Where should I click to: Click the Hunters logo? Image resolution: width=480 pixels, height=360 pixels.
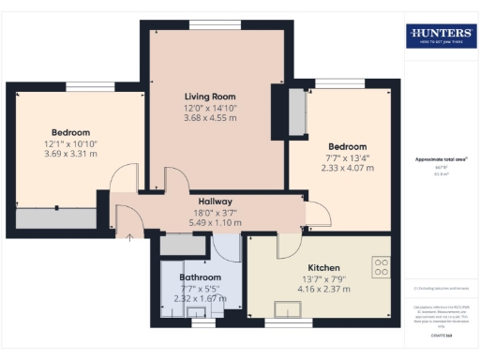pos(441,37)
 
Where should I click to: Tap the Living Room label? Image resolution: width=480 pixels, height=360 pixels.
pos(209,97)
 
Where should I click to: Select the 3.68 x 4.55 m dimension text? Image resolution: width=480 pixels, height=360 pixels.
pos(209,117)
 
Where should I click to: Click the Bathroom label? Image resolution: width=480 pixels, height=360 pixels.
pos(201,278)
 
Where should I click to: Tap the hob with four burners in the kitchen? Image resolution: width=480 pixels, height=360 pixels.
pos(381,267)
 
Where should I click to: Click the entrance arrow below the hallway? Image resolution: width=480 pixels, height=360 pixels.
pos(129,236)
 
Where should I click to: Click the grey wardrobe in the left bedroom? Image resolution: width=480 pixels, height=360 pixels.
pos(56,218)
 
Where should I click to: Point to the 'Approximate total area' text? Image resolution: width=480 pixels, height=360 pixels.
pos(441,159)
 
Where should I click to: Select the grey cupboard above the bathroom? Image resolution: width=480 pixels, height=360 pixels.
pos(175,246)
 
